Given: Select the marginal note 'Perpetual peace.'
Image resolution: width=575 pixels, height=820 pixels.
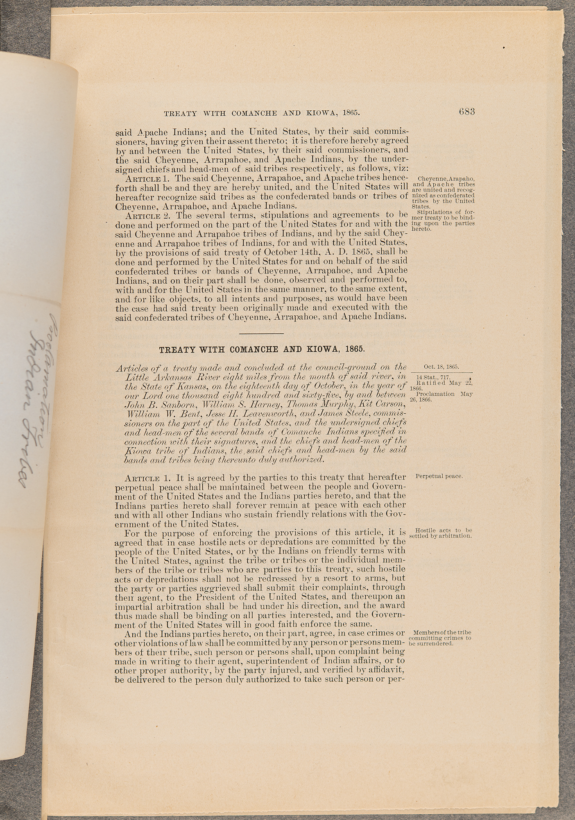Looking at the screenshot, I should [439, 476].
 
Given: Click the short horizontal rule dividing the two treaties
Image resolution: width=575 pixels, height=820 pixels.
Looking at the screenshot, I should [261, 332].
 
